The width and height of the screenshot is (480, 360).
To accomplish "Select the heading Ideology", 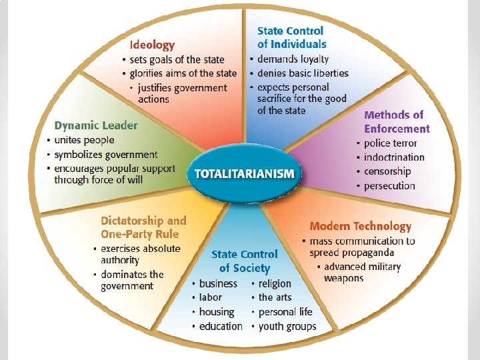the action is [152, 45].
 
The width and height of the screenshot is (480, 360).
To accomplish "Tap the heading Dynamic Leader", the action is [96, 125].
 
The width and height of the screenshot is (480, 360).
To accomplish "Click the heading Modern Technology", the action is [361, 227].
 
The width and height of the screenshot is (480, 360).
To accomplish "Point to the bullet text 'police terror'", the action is [390, 143].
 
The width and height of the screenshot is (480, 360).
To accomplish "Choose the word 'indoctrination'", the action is [394, 157].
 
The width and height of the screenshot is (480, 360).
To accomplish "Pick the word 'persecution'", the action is [389, 186].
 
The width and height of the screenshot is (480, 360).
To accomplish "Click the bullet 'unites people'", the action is [84, 140].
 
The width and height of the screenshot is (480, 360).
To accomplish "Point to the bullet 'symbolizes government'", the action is [106, 155].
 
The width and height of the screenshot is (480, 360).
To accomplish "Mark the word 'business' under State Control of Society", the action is [218, 283].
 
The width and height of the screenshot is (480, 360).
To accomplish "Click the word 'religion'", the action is [275, 283].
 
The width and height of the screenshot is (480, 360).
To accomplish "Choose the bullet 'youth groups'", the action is [287, 326].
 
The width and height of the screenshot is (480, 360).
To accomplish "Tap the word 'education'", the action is [221, 326].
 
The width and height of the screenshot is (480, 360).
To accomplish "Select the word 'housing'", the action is [217, 312].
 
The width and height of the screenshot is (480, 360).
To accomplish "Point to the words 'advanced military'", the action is [363, 267].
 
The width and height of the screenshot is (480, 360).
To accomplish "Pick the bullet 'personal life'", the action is [285, 312].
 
